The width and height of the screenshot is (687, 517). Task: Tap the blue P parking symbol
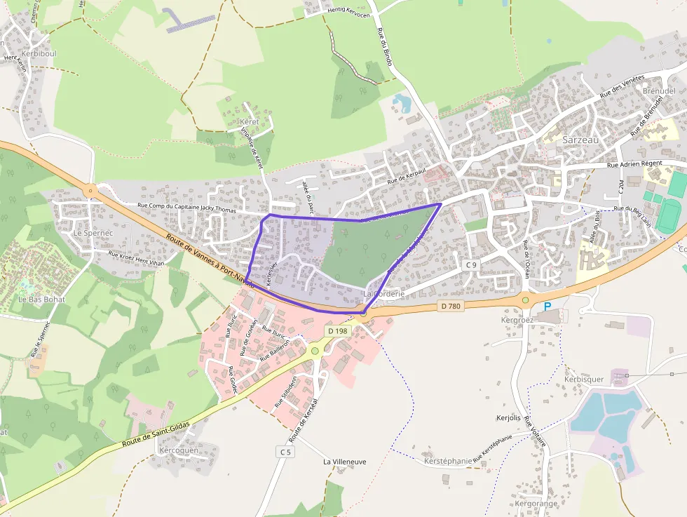click(x=547, y=307)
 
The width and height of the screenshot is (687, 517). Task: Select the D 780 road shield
click(x=451, y=306)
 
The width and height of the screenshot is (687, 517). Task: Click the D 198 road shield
click(x=336, y=330)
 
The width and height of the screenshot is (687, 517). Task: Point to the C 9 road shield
click(x=471, y=264)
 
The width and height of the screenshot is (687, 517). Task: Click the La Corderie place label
click(x=383, y=293)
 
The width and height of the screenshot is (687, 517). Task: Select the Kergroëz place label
click(x=518, y=319)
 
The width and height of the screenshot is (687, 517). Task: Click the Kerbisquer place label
click(x=583, y=380)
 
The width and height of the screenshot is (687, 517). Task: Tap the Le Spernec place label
click(x=88, y=232)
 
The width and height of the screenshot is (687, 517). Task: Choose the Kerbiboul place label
click(x=39, y=54)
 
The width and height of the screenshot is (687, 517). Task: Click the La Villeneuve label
click(x=344, y=462)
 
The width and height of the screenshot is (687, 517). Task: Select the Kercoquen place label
click(x=179, y=450)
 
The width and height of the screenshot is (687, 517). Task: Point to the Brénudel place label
click(x=659, y=91)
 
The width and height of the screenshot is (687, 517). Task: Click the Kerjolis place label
click(x=508, y=417)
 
